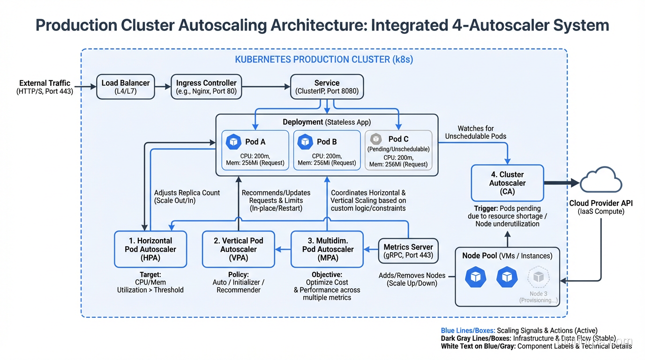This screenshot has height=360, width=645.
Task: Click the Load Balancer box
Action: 125,87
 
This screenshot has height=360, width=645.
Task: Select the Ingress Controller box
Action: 206,87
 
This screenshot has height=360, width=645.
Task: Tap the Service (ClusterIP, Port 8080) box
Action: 327,87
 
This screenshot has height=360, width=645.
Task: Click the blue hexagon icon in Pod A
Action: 233,142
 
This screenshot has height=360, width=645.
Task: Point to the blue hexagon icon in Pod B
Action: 305,142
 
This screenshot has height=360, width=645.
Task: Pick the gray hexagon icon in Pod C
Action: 376,139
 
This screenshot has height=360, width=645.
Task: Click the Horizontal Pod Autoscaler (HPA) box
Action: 150,249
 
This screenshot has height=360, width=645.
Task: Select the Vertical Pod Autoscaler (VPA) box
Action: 238,249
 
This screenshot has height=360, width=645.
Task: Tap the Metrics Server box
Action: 408,251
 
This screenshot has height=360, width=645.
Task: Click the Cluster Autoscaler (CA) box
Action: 507,183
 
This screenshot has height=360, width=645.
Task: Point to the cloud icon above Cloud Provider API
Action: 601,180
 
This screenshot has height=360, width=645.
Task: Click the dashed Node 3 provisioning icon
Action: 538,277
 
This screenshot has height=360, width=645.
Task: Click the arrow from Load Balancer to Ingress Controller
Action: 162,87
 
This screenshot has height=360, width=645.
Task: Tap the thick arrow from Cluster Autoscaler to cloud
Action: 562,183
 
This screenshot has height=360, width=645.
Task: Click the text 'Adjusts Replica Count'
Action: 187,193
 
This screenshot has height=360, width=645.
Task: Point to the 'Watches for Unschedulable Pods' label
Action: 476,132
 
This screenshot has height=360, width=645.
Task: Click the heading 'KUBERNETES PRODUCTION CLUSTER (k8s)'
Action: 324,60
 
